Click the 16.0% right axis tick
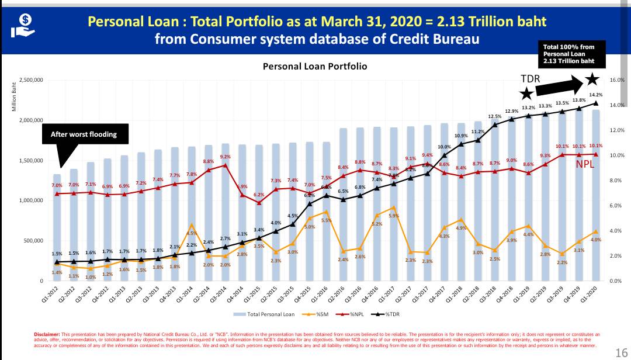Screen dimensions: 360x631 click(x=618, y=80)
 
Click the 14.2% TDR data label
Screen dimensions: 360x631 click(x=596, y=95)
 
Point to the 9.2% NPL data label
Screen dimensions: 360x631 click(x=225, y=157)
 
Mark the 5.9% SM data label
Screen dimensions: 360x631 click(x=394, y=216)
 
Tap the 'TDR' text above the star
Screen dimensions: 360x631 click(x=530, y=79)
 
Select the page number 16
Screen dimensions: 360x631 click(x=621, y=352)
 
